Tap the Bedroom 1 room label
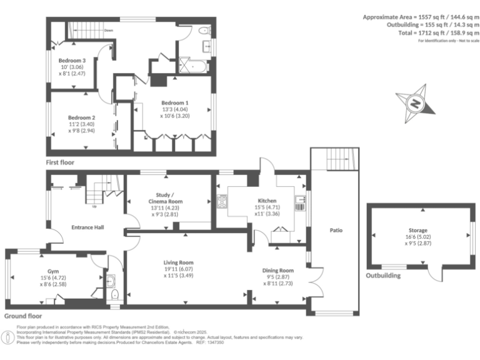coord(174,102)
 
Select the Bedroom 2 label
coord(81,118)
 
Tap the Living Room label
coord(178,262)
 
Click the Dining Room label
coord(278,271)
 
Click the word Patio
coord(336,230)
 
